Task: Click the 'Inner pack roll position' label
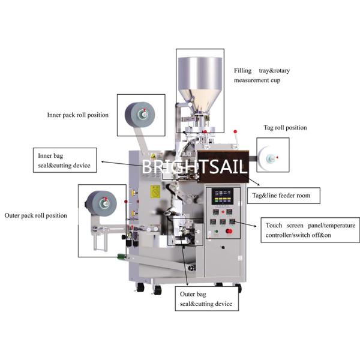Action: (x=78, y=115)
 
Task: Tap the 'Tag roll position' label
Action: (x=285, y=127)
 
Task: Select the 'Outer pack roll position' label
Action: (x=36, y=215)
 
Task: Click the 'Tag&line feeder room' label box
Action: (x=284, y=196)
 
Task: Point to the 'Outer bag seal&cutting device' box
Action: (x=206, y=299)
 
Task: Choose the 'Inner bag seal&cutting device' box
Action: (x=65, y=160)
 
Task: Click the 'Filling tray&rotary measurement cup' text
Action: (x=262, y=76)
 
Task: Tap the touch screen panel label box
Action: (x=310, y=230)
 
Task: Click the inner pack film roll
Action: (x=140, y=115)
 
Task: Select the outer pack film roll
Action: (x=101, y=203)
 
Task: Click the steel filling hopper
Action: (x=200, y=83)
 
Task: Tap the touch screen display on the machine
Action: (x=222, y=197)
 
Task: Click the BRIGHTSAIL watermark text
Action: (x=194, y=167)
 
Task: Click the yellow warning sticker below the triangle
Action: (x=155, y=192)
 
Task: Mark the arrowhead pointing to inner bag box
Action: (x=103, y=162)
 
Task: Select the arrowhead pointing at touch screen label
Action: (x=255, y=226)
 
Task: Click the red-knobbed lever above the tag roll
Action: (x=236, y=138)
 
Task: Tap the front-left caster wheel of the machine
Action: (x=140, y=287)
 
